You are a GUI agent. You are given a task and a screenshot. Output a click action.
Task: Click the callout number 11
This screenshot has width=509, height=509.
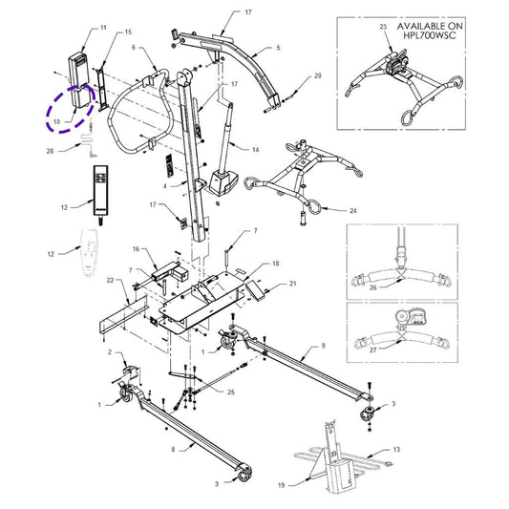(x=103, y=28)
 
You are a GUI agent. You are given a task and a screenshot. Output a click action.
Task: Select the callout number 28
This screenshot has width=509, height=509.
(x=50, y=151)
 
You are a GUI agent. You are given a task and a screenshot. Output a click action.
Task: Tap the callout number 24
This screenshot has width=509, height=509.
(x=353, y=211)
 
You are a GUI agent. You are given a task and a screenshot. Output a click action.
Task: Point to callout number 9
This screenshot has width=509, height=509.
(x=323, y=346)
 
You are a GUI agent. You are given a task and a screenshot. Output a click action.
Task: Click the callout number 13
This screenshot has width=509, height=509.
(x=396, y=450)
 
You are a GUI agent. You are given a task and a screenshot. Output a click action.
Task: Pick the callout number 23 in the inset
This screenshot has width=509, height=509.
(x=383, y=27)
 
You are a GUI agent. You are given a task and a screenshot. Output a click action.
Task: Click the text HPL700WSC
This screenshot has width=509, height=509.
(x=430, y=35)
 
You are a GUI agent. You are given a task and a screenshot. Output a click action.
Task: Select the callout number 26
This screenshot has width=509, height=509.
(x=373, y=287)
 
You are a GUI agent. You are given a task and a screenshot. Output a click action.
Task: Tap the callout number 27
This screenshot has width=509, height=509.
(x=373, y=350)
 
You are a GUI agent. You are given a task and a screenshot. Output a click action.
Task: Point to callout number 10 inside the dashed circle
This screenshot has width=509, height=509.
(x=56, y=122)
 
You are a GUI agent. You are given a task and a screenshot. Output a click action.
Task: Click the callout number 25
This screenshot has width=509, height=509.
(x=231, y=392)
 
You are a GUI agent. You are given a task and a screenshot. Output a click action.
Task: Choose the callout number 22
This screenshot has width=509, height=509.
(x=111, y=280)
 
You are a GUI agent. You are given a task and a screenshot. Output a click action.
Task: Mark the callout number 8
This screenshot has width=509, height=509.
(x=173, y=450)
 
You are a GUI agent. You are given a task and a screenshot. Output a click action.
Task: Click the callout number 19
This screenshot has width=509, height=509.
(x=282, y=485)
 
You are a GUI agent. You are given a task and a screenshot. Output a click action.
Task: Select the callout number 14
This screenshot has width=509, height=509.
(x=256, y=150)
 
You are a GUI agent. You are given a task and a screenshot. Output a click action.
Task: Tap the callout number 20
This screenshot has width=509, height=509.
(x=318, y=75)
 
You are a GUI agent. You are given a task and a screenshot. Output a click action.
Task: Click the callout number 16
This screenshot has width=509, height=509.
(x=136, y=249)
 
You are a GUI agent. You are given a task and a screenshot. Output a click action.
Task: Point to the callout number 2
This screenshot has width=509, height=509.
(x=110, y=352)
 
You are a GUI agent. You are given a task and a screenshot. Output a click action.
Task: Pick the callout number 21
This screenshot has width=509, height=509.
(x=293, y=284)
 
